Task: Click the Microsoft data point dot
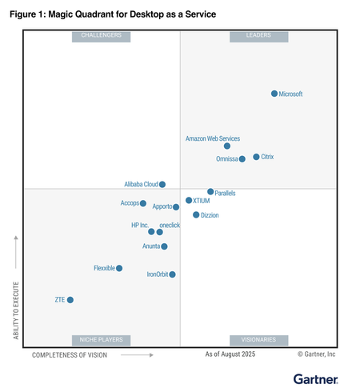(x=274, y=94)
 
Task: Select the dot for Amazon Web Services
(x=227, y=146)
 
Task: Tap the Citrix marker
(x=256, y=157)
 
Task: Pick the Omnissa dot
(x=242, y=159)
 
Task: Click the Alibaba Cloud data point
(x=162, y=184)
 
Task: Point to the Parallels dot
(x=210, y=192)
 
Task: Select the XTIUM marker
(x=189, y=201)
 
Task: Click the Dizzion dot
(x=196, y=215)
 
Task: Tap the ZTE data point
(x=70, y=300)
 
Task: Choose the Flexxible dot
(x=119, y=268)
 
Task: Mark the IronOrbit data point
(x=172, y=274)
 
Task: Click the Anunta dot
(x=164, y=246)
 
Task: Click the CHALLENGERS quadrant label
(x=102, y=36)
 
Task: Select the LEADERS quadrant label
(x=258, y=36)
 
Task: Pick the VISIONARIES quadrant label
(x=258, y=340)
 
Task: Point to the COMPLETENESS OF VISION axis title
(x=70, y=354)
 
